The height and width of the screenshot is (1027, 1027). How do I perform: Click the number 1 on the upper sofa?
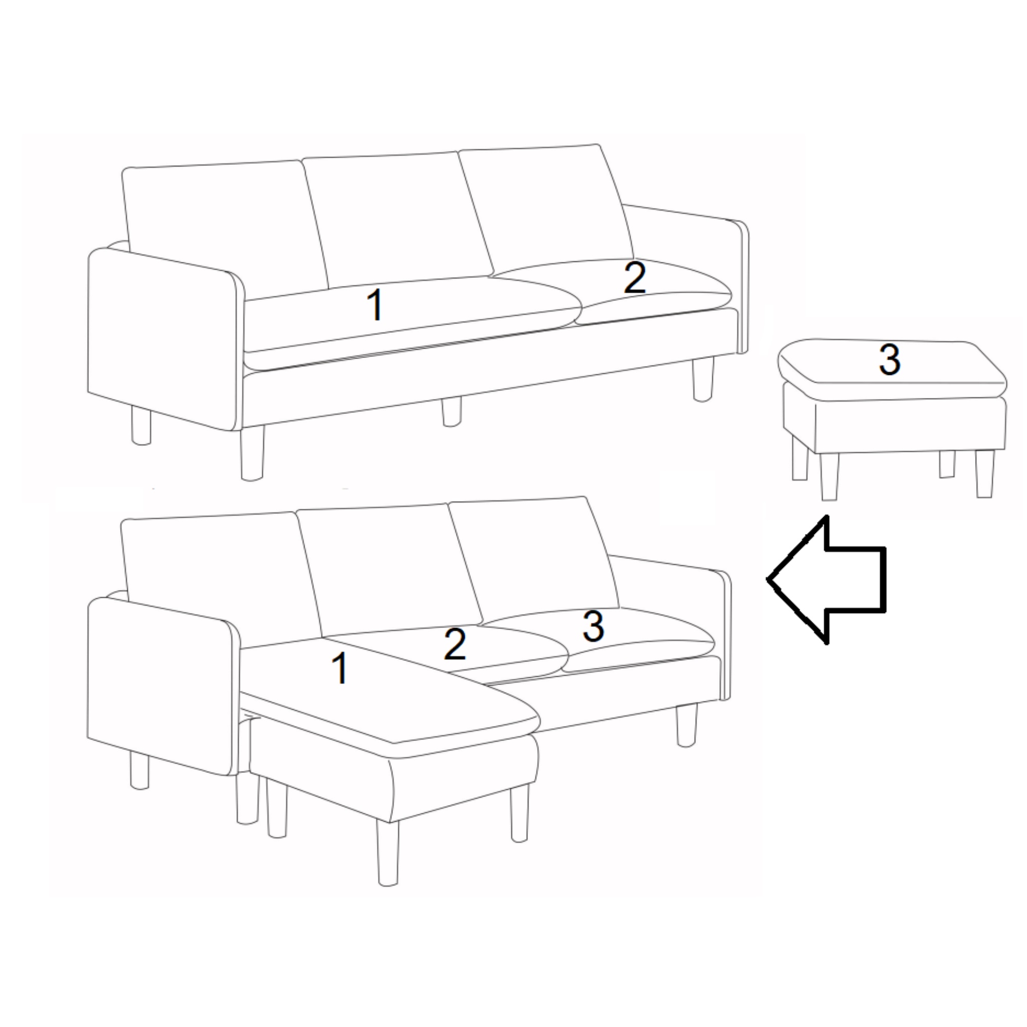376,305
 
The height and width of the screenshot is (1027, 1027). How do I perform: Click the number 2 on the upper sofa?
635,277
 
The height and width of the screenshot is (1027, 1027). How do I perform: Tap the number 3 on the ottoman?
890,359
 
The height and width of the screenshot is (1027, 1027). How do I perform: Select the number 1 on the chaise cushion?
340,669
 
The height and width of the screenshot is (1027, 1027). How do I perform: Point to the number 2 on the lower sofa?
455,644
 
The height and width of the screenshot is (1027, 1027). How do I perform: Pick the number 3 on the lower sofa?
593,625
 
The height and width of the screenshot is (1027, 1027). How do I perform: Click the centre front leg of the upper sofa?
451,412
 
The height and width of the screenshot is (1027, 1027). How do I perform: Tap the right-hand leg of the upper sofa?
703,378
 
